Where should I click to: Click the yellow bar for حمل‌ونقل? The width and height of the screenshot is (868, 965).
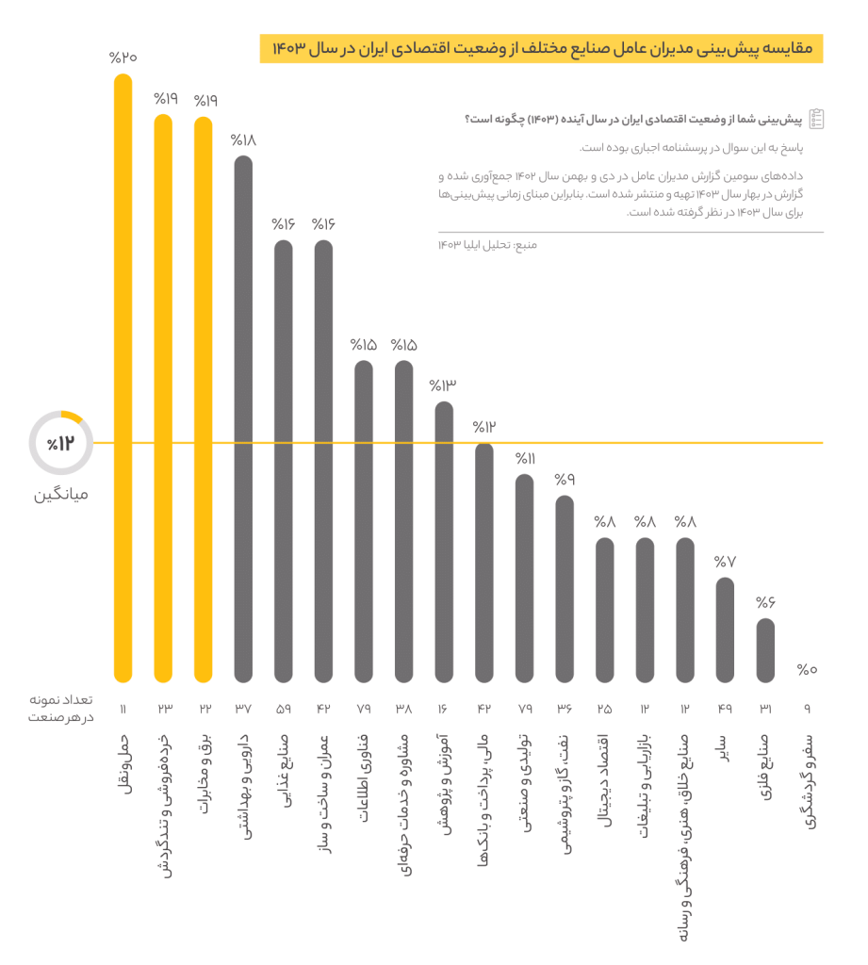click(x=123, y=377)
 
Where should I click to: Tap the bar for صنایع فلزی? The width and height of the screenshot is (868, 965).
click(x=766, y=650)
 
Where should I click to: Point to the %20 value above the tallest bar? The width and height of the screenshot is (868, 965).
click(x=123, y=57)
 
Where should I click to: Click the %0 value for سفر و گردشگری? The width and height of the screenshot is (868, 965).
click(x=807, y=670)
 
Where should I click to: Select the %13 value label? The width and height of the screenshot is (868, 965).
click(x=443, y=385)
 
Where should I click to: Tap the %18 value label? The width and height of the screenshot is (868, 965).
click(x=243, y=139)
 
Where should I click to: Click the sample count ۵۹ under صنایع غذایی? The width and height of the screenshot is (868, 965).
click(x=284, y=709)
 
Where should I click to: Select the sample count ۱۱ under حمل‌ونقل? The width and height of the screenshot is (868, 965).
click(x=123, y=709)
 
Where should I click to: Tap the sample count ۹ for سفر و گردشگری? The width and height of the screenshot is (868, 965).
click(x=807, y=709)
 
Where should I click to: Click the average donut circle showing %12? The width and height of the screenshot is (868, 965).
click(x=60, y=443)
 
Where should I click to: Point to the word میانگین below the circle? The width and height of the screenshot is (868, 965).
click(x=61, y=493)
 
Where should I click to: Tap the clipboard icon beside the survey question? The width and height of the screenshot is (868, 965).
click(x=815, y=118)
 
